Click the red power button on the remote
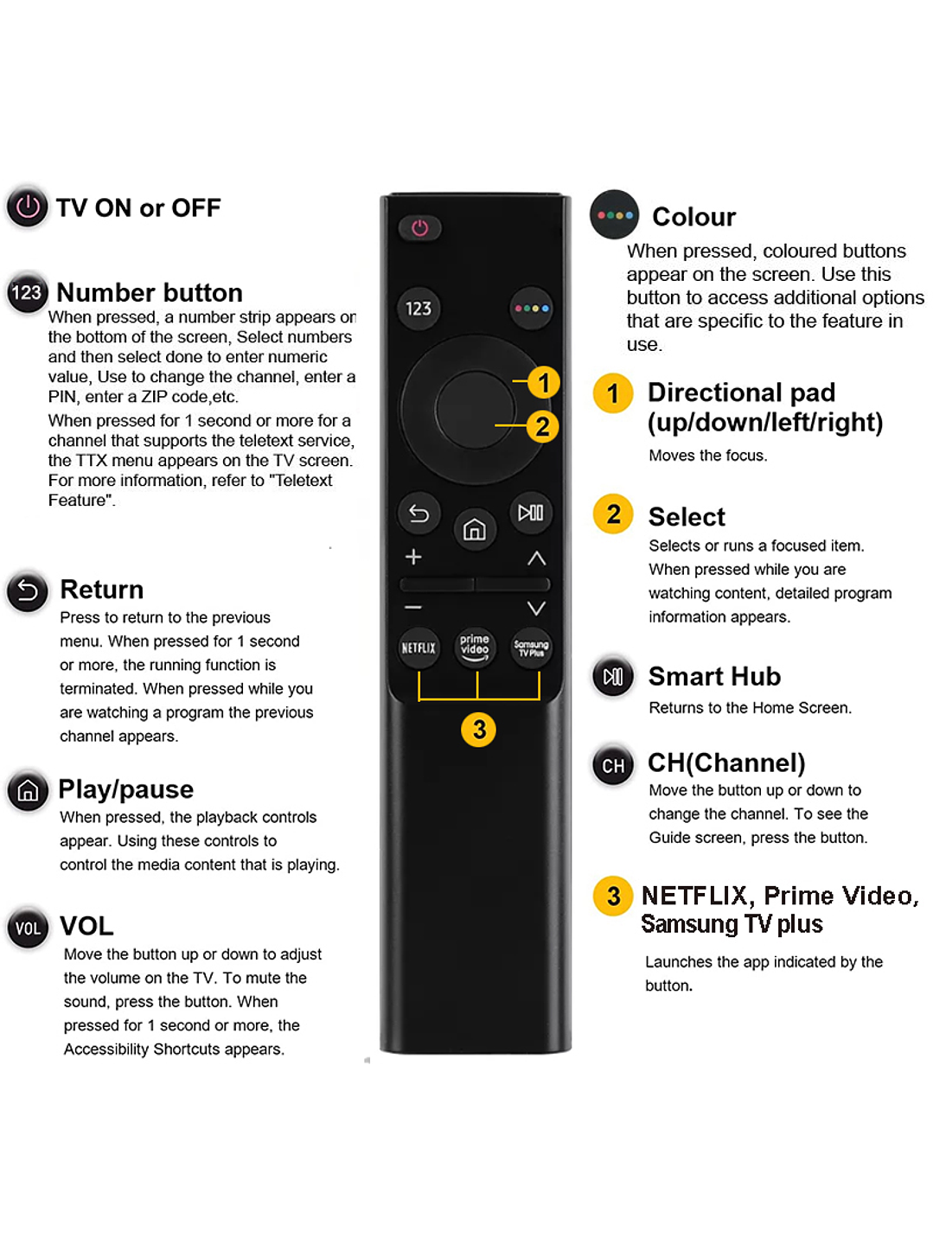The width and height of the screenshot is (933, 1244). (419, 228)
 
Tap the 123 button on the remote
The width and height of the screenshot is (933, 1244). (419, 309)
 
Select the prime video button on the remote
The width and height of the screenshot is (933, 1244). (475, 647)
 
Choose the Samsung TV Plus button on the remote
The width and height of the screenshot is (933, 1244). (531, 648)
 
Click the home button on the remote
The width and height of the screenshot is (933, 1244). (475, 529)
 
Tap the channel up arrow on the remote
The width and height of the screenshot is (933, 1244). (536, 558)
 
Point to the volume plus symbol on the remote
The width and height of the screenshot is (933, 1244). (413, 558)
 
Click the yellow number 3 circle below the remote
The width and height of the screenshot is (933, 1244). (478, 730)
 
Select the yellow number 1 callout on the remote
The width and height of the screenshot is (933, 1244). (543, 382)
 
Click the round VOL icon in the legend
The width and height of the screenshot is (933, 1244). (28, 928)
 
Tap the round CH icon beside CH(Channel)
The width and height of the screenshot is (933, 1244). (613, 765)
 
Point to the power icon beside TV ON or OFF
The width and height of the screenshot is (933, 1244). (28, 207)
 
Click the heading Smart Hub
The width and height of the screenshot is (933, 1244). (714, 676)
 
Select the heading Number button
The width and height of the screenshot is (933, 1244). (150, 292)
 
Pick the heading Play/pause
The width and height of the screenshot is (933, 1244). (125, 789)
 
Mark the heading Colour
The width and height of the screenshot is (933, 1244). (693, 216)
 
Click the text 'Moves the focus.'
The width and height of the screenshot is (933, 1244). (707, 456)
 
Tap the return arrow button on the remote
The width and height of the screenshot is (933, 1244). (419, 514)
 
